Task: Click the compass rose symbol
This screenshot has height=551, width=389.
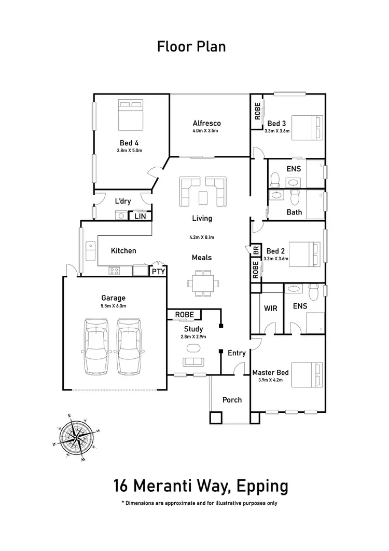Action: [77, 437]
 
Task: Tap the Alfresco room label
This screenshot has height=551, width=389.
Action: [206, 123]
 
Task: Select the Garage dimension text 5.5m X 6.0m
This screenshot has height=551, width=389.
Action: [114, 306]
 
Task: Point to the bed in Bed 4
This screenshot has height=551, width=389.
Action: [131, 116]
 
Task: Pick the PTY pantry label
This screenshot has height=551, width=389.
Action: [158, 271]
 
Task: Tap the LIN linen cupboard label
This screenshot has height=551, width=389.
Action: [140, 216]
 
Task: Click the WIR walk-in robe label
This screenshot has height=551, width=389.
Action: [270, 308]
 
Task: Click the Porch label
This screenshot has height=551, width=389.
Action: [232, 400]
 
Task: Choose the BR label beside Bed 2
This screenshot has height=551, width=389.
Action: [256, 251]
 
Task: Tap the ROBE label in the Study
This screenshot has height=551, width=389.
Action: [184, 315]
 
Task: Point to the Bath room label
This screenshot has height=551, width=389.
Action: [294, 212]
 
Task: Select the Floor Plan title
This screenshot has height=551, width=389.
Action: [191, 47]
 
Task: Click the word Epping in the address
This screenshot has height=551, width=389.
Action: [261, 487]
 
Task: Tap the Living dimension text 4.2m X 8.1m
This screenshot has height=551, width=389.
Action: [201, 237]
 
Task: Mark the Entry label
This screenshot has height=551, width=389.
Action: [237, 353]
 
